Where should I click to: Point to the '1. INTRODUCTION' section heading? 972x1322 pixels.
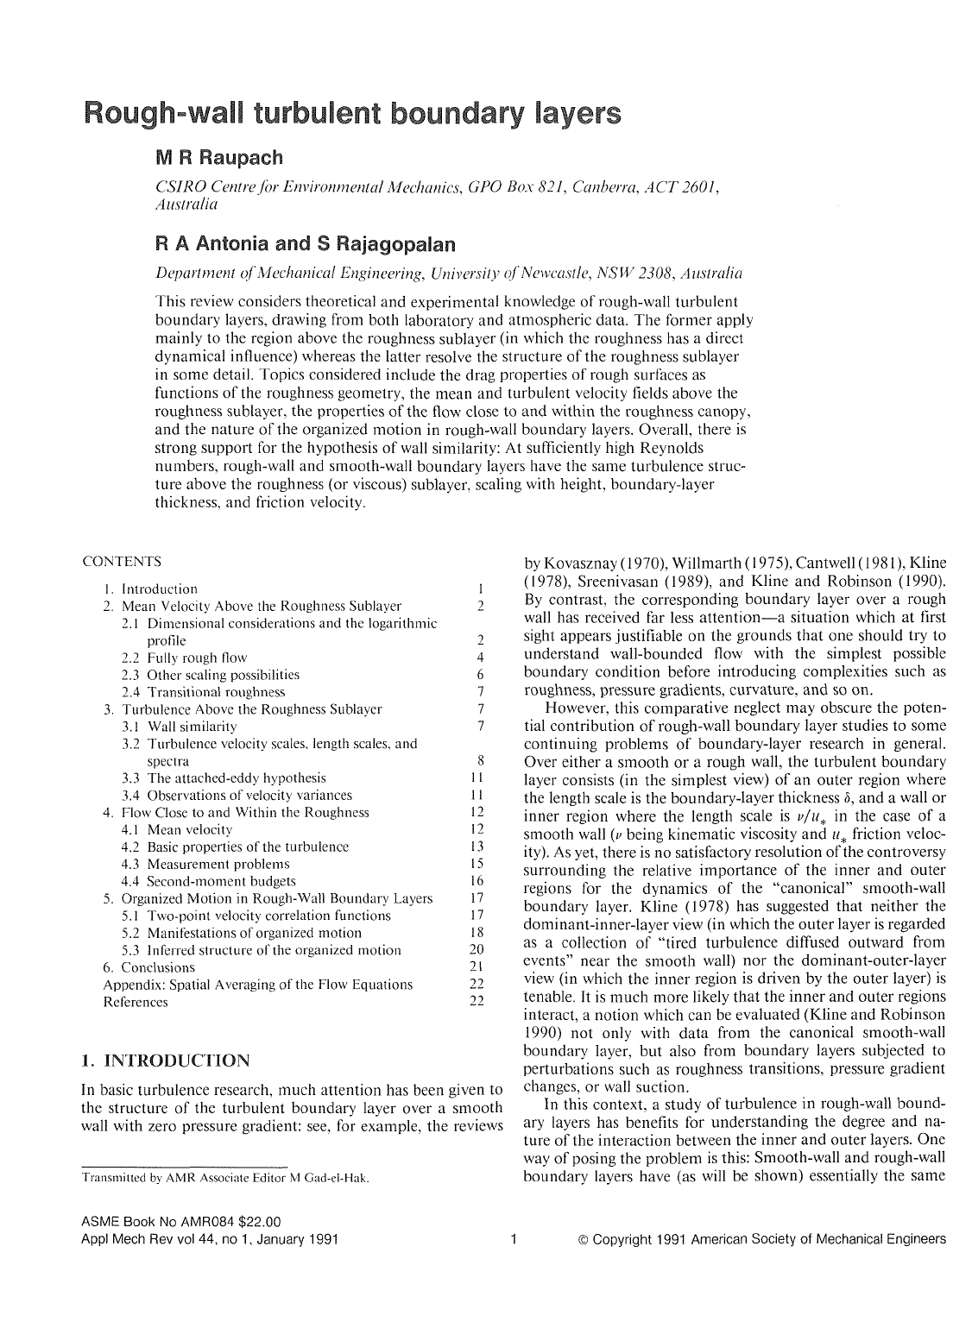point(165,1060)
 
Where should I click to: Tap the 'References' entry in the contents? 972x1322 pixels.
point(135,1002)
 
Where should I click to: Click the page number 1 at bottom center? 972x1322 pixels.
point(512,1240)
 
